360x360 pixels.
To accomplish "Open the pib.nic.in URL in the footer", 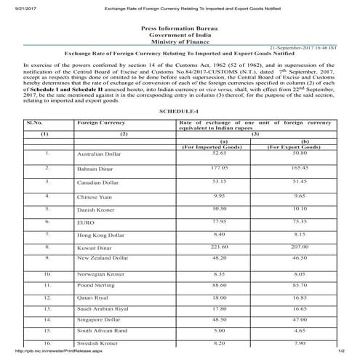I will click(x=35, y=354).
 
